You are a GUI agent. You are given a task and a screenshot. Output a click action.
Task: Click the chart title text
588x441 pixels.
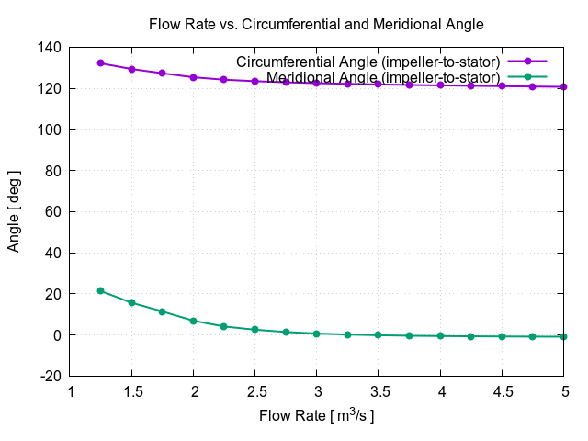[316, 22]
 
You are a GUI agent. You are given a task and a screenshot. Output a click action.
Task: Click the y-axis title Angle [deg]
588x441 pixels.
[14, 211]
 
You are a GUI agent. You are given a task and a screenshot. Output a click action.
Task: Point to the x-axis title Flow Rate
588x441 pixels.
[316, 416]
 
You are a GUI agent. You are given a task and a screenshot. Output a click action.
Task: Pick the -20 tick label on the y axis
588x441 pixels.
[51, 377]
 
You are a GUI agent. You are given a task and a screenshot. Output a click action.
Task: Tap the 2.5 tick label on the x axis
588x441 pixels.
[255, 390]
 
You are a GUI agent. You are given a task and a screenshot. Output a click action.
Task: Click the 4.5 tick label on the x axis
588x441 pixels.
[502, 390]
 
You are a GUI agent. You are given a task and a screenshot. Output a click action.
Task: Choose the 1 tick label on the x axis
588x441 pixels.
[71, 390]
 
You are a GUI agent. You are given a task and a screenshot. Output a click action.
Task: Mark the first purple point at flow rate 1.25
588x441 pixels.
[101, 63]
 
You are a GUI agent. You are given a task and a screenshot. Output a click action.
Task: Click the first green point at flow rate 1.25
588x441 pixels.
[101, 291]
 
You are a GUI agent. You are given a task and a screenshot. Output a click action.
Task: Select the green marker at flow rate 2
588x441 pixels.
[194, 321]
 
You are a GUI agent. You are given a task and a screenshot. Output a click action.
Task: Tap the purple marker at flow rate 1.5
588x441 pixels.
[132, 69]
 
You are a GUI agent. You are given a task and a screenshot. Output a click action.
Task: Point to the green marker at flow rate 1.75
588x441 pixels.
[163, 311]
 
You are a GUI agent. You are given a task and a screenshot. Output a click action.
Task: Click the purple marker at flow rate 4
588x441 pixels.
[440, 85]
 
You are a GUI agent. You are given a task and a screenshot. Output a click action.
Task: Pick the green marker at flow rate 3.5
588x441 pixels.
[379, 335]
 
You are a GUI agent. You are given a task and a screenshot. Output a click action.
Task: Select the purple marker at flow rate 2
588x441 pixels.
[194, 77]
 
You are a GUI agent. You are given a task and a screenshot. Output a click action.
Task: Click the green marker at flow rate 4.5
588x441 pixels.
[502, 336]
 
